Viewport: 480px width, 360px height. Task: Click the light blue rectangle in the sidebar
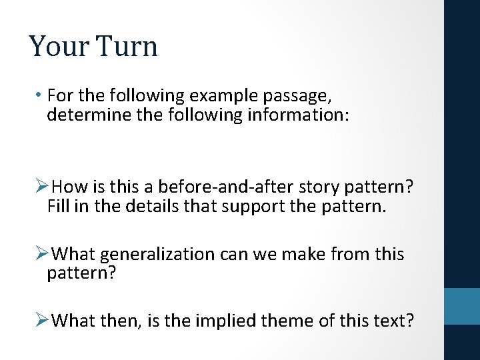click(461, 305)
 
